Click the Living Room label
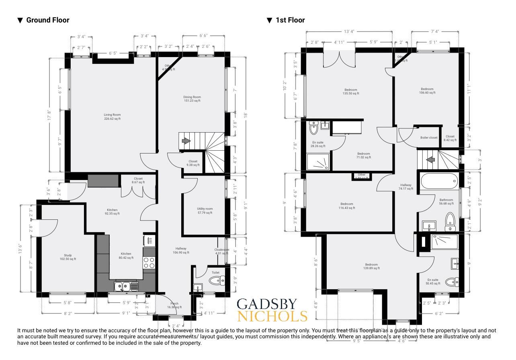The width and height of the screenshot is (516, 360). [112, 117]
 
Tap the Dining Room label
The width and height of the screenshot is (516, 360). [192, 99]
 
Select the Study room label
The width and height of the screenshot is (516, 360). [68, 257]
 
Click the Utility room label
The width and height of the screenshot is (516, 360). [205, 211]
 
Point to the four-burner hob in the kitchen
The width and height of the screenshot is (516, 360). [149, 263]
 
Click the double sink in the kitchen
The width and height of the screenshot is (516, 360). [126, 286]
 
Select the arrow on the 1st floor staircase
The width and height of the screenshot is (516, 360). [430, 160]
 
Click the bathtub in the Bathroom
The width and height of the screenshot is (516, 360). [439, 182]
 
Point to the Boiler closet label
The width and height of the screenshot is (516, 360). [429, 137]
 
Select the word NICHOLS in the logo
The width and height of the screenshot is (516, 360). [272, 316]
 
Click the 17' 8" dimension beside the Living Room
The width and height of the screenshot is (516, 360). [49, 116]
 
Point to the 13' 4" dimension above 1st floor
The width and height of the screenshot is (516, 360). [349, 31]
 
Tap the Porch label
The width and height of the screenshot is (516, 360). [174, 305]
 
